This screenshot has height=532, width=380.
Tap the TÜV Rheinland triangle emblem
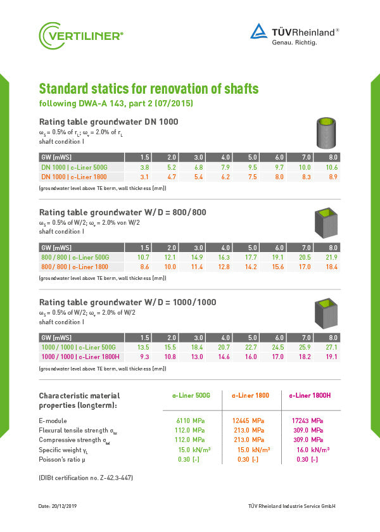(258, 32)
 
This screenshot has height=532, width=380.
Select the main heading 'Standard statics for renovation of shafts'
(149, 88)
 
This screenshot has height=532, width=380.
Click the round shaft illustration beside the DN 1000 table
(327, 132)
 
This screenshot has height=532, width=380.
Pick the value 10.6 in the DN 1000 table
(332, 167)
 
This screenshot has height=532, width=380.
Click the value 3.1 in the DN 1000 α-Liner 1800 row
(144, 177)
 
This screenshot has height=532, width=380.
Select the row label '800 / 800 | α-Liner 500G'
(75, 257)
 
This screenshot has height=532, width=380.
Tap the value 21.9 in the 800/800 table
(332, 257)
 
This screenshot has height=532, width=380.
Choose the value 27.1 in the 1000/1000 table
(332, 347)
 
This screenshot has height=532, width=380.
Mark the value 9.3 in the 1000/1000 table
(144, 357)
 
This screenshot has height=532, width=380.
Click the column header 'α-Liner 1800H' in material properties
(310, 395)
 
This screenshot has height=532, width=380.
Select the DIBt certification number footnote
(85, 477)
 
